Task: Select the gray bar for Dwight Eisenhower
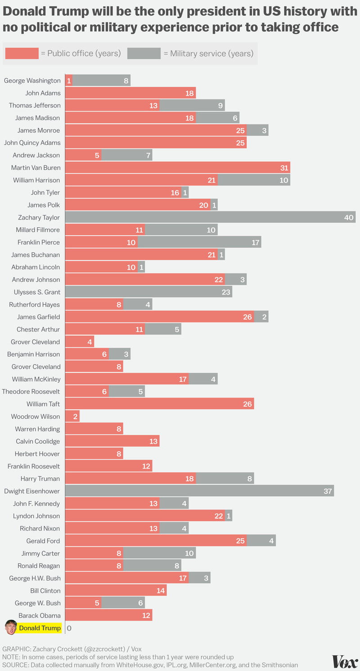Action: coord(200,491)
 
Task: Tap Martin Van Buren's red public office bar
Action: coord(178,168)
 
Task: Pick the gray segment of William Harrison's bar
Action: coord(254,180)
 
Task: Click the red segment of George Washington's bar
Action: coord(69,81)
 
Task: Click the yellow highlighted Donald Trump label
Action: coord(40,628)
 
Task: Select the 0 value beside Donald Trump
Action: coord(69,628)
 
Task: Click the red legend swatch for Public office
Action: coord(22,54)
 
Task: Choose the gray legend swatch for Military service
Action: coord(144,54)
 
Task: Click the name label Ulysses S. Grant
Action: coord(38,292)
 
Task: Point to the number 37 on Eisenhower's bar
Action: coord(328,491)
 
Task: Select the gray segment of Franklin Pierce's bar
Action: coord(199,242)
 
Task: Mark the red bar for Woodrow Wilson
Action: coord(72,416)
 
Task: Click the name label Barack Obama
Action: coord(40,615)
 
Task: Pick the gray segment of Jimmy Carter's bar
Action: coord(159,553)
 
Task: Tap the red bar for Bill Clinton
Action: coord(116,590)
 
